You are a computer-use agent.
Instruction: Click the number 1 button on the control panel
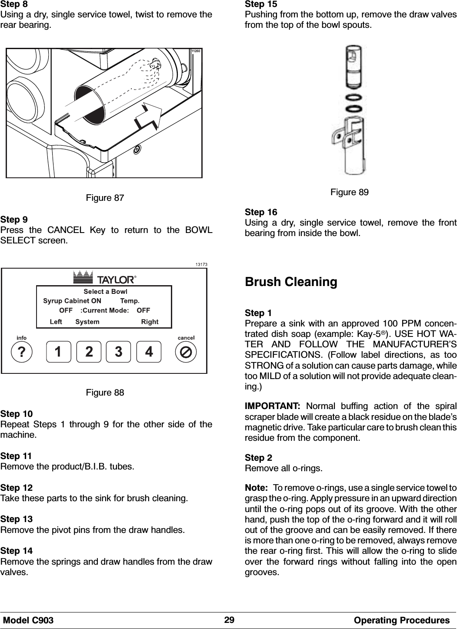58,352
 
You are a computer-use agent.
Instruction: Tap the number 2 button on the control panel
88,352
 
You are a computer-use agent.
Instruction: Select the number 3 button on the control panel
119,352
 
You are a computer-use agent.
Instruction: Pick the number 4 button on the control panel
149,352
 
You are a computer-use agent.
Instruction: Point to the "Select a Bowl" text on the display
105,291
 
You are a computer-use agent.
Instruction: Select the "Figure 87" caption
105,198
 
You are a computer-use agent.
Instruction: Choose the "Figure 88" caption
105,393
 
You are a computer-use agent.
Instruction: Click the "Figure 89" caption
350,192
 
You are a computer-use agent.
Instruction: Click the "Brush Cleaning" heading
291,282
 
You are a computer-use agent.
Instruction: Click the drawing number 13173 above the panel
200,264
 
